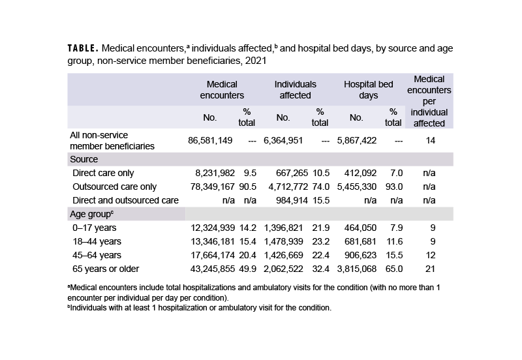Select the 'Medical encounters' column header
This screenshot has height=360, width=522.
point(221,89)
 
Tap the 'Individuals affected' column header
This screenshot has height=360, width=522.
point(295,89)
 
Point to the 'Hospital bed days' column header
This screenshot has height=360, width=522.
point(368,89)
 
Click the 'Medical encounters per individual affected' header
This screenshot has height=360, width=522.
point(429,100)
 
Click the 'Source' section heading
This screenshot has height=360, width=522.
point(84,159)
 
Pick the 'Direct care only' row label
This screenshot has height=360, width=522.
point(105,173)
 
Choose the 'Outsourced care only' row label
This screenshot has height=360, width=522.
point(115,187)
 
